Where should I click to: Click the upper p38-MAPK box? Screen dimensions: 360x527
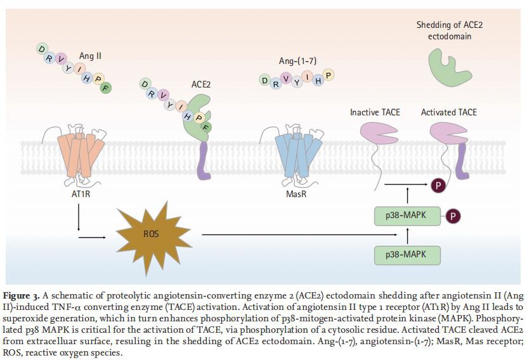[407, 217]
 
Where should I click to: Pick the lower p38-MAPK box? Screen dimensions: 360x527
[407, 255]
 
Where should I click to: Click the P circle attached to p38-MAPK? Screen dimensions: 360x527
[453, 217]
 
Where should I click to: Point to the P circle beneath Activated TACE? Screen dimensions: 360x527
[438, 186]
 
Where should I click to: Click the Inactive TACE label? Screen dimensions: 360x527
[375, 112]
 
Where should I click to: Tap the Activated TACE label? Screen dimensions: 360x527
[449, 112]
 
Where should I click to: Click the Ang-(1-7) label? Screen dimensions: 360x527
[297, 61]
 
